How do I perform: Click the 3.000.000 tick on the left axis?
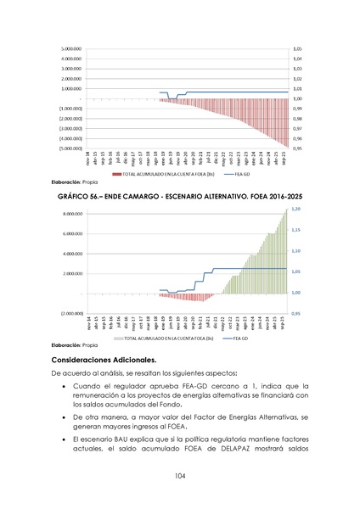point(70,68)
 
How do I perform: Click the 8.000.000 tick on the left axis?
point(70,214)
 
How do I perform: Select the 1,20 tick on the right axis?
point(295,209)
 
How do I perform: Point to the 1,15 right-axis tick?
point(295,230)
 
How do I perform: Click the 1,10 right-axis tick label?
point(295,250)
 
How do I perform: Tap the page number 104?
point(180,476)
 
